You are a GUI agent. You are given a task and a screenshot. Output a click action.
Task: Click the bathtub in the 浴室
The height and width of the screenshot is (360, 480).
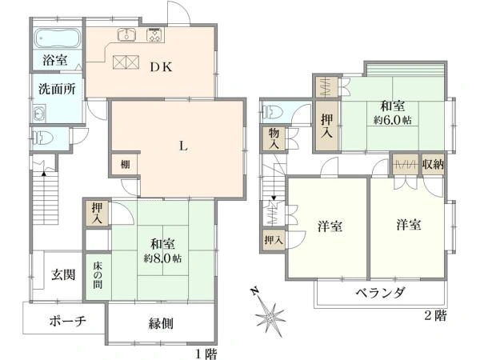point(58,38)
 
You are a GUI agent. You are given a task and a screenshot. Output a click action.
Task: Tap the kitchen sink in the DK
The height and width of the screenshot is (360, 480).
point(126,34)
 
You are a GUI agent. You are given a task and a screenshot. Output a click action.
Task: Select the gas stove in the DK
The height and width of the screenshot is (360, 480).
point(155,34)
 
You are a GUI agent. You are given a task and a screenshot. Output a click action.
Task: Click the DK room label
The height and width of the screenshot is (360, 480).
point(162,66)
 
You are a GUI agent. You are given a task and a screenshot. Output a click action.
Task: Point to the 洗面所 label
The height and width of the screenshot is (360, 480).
point(57,89)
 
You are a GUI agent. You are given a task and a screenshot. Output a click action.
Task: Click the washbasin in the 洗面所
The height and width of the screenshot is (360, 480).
point(39,114)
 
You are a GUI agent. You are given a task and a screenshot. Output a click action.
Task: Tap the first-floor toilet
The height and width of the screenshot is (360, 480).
point(42,138)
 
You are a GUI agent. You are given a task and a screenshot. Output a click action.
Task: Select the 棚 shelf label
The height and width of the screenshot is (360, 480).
point(125,165)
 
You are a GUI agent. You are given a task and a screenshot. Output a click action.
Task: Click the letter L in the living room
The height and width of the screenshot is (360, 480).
point(183,146)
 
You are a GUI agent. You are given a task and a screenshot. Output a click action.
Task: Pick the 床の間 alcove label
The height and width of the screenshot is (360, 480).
point(98,275)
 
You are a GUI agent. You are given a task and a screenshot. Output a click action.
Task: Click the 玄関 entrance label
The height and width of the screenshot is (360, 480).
point(63,274)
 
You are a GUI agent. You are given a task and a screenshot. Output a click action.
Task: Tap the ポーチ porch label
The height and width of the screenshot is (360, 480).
point(67,321)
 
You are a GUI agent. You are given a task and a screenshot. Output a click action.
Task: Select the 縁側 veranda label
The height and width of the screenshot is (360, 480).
point(161,323)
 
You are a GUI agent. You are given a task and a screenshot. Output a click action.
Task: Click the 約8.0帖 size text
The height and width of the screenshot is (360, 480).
point(163,258)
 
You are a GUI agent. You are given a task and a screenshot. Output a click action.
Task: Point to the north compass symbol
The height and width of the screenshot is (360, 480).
point(268,314)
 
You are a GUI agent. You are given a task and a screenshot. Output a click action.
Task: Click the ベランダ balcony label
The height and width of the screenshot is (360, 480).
point(381,293)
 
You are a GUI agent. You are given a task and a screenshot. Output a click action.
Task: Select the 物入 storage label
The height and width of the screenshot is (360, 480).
point(274,138)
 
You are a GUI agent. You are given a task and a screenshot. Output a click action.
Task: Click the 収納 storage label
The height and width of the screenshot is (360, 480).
point(433,165)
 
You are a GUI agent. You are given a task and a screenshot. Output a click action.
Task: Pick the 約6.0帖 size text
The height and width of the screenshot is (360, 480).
point(392,120)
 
